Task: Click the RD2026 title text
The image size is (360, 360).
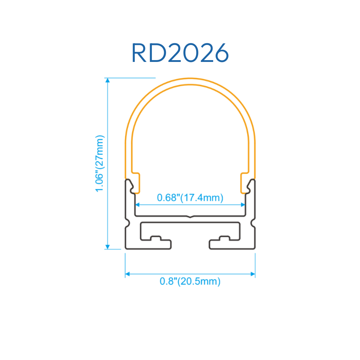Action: click(x=180, y=53)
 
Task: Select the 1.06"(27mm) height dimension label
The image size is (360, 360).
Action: click(x=100, y=163)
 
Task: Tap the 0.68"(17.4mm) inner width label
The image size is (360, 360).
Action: click(x=190, y=198)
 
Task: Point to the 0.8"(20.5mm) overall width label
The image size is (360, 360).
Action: click(x=190, y=281)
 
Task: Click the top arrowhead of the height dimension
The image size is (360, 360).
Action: click(x=107, y=80)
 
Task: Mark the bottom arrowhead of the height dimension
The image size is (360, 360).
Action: click(x=107, y=247)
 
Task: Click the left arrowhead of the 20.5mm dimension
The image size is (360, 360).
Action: click(x=127, y=274)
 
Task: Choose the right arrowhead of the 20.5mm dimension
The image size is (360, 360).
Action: click(x=253, y=274)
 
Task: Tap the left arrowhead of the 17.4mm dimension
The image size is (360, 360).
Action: click(x=138, y=205)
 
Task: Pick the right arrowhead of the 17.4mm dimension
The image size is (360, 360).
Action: click(x=243, y=205)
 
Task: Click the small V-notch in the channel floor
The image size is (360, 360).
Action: click(x=190, y=216)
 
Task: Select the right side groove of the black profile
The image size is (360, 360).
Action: click(x=253, y=223)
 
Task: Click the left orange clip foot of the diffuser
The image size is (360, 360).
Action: click(x=136, y=183)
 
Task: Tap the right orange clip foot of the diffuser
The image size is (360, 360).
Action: click(x=245, y=183)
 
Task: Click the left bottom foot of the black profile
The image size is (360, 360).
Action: click(x=148, y=245)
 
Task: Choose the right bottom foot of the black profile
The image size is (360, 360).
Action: click(x=232, y=245)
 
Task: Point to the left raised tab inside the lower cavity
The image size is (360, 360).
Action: click(x=156, y=238)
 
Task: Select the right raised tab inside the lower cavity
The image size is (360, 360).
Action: click(x=225, y=238)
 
